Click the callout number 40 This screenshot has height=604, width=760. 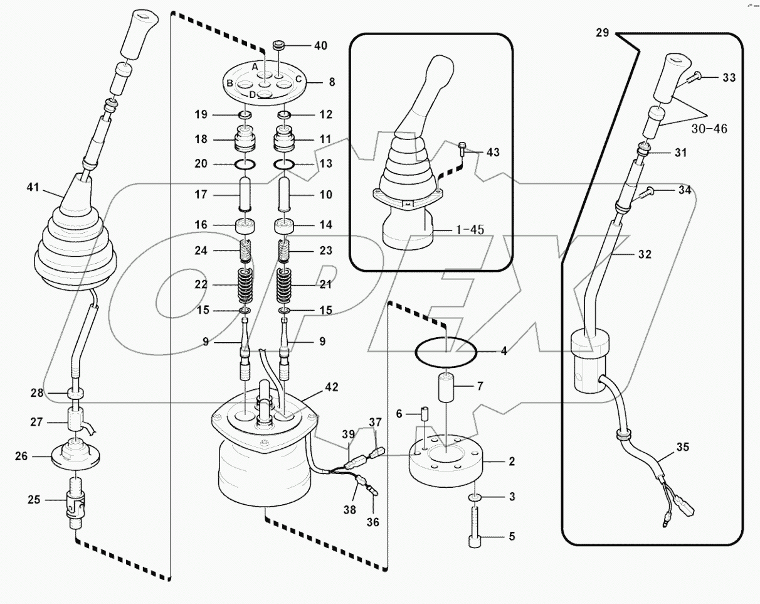tap(320, 46)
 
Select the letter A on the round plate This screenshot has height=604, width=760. tap(255, 67)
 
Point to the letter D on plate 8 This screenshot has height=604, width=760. tap(252, 94)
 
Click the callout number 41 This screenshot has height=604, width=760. tap(33, 187)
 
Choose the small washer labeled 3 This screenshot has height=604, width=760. tap(477, 497)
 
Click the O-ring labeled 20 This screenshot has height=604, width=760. tap(245, 164)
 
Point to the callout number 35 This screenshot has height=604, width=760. tap(682, 448)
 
